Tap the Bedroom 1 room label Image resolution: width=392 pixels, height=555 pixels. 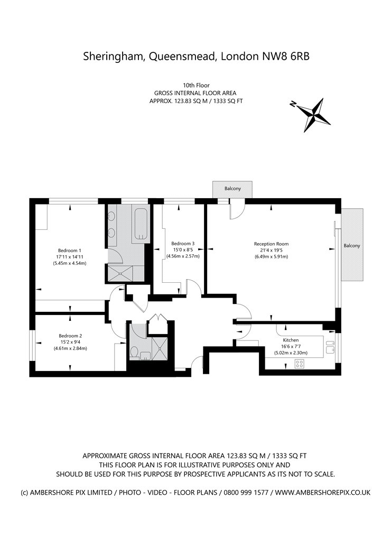[x=70, y=251]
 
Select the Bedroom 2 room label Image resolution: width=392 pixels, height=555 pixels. [x=70, y=336]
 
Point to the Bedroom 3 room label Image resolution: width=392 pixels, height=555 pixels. [x=183, y=244]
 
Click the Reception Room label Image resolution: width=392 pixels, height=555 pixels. [x=272, y=244]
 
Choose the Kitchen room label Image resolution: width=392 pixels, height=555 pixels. [x=291, y=340]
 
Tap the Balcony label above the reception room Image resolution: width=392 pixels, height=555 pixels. [x=232, y=189]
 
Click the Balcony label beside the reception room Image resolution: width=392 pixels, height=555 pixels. [x=352, y=246]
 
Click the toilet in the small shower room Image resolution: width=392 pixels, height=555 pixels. [x=134, y=353]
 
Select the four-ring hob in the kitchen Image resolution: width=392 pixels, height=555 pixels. [x=300, y=363]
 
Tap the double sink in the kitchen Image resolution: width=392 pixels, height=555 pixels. [x=330, y=346]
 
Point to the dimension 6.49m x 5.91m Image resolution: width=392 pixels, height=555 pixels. [x=272, y=256]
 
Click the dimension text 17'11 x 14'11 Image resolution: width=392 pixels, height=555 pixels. [x=70, y=257]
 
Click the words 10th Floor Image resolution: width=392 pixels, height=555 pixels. [x=196, y=85]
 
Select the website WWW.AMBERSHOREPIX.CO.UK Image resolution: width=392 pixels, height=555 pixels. [x=323, y=492]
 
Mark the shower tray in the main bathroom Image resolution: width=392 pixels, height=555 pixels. [x=121, y=273]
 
